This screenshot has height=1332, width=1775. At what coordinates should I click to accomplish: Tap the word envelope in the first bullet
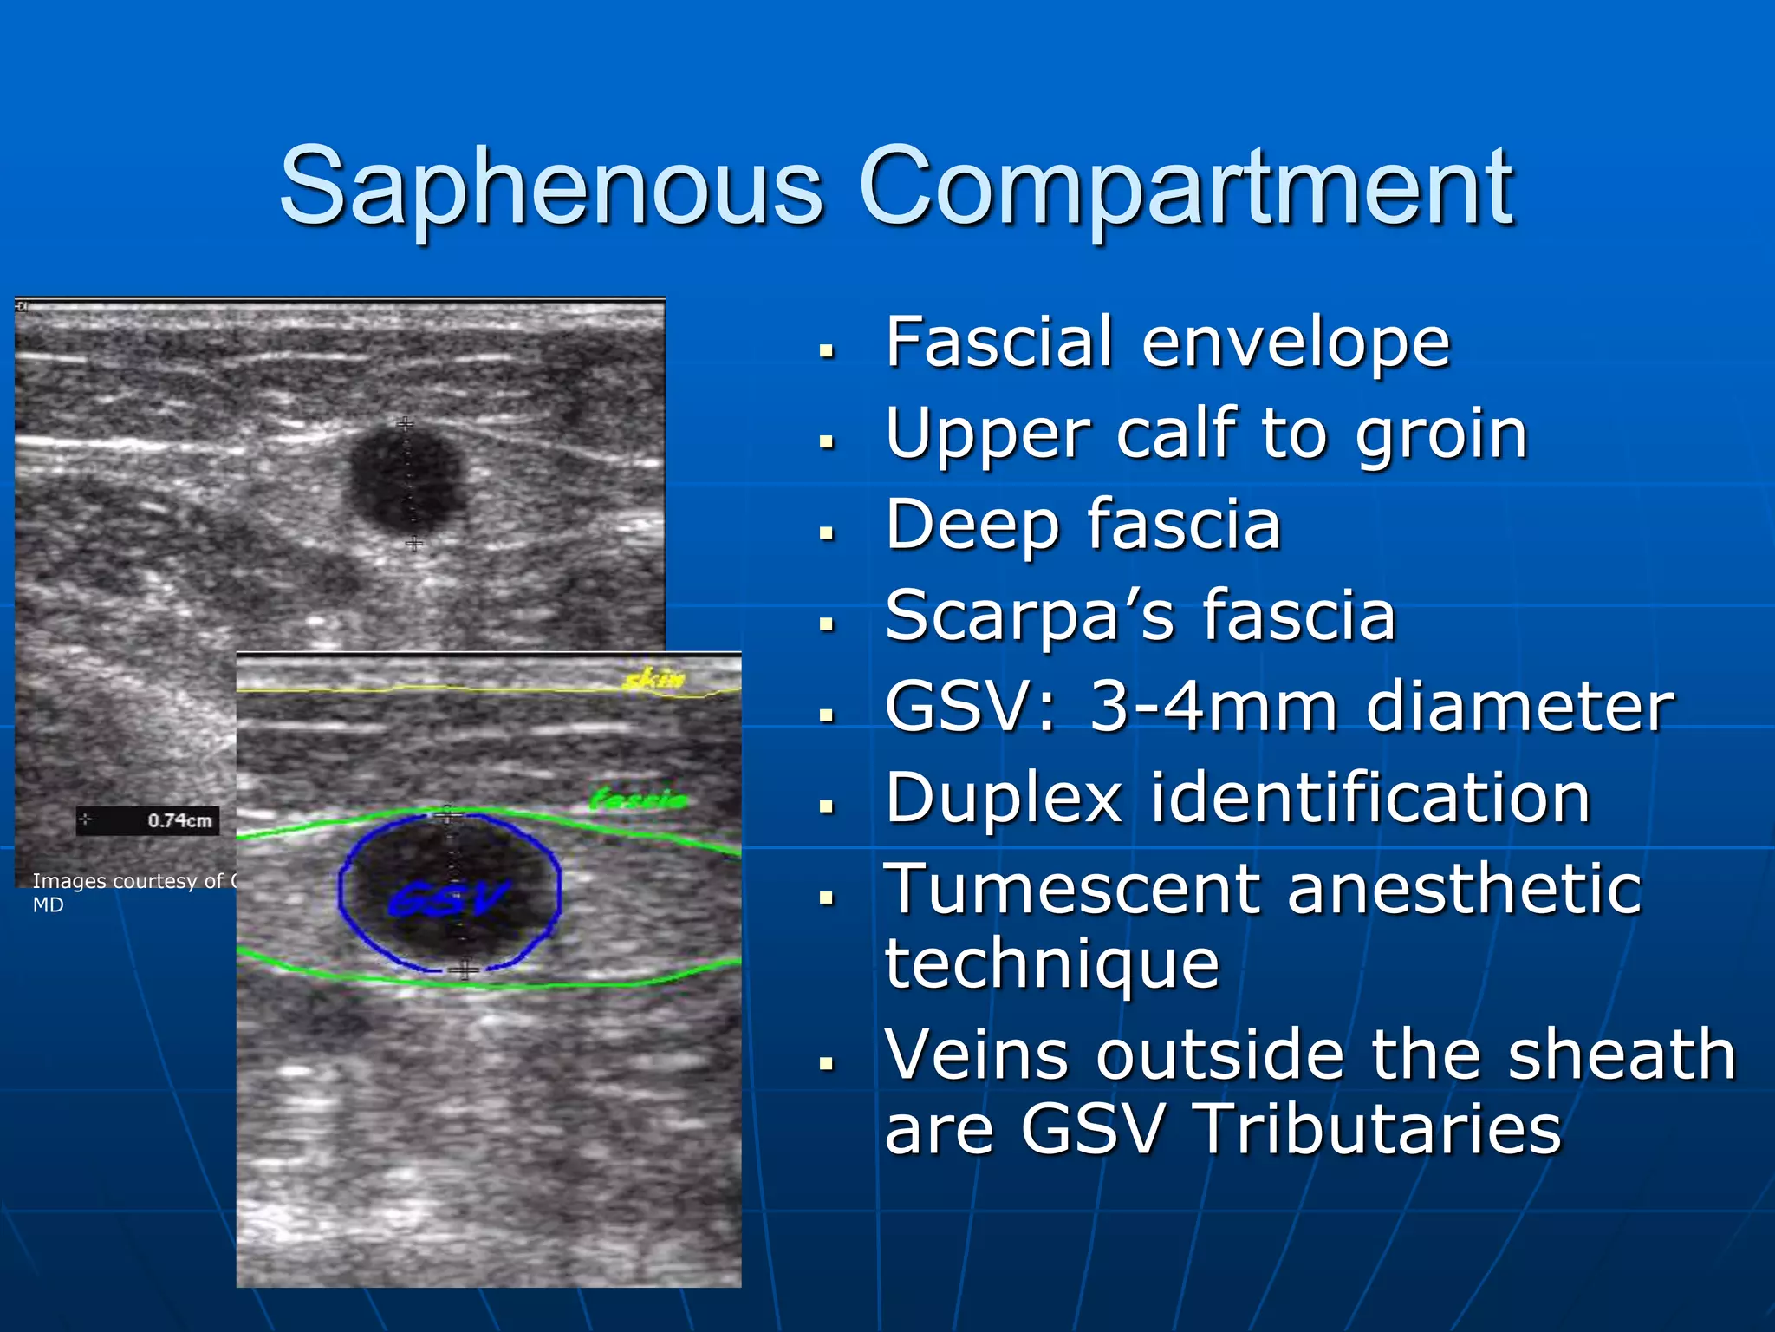1296,343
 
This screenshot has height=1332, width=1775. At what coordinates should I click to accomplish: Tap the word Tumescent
1071,889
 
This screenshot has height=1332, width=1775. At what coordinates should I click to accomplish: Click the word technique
1051,963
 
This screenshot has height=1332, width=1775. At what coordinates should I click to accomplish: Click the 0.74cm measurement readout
179,820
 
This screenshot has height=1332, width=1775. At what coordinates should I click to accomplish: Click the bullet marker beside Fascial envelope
827,351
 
